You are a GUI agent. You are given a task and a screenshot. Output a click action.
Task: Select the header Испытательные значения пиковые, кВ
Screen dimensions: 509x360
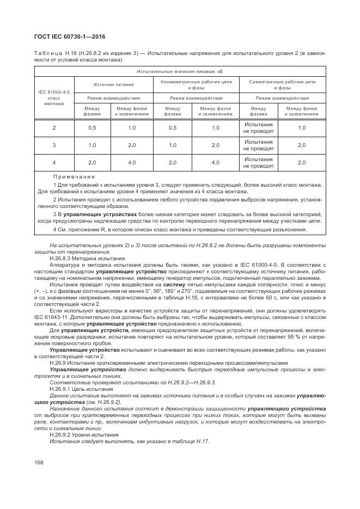tap(180, 71)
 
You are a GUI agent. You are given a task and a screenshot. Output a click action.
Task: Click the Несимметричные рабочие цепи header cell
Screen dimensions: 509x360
tap(193, 84)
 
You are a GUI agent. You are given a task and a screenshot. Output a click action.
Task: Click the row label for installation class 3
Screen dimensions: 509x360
tap(54, 145)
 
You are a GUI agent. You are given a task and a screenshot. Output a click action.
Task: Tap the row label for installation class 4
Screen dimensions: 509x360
tap(54, 163)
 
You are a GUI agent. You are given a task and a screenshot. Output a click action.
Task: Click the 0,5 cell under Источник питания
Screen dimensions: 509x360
tap(92, 128)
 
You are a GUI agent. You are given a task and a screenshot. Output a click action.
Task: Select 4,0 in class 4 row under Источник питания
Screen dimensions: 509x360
tap(132, 163)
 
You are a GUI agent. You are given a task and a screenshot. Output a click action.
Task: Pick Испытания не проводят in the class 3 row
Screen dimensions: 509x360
tap(258, 145)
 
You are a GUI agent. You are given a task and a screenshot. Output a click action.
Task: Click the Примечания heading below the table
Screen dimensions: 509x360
tap(74, 177)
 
